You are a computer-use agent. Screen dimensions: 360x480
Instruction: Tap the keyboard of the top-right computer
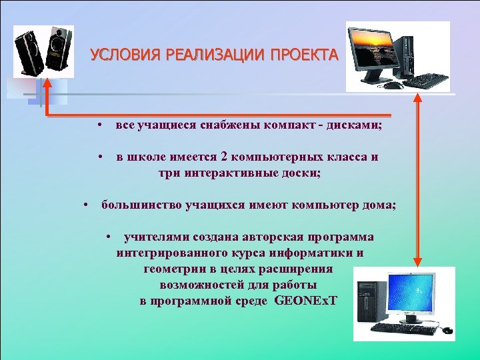tap(425, 81)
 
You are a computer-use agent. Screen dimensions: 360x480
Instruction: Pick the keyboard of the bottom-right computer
tap(403, 328)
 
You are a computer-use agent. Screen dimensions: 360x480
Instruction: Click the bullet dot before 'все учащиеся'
tap(98, 125)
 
